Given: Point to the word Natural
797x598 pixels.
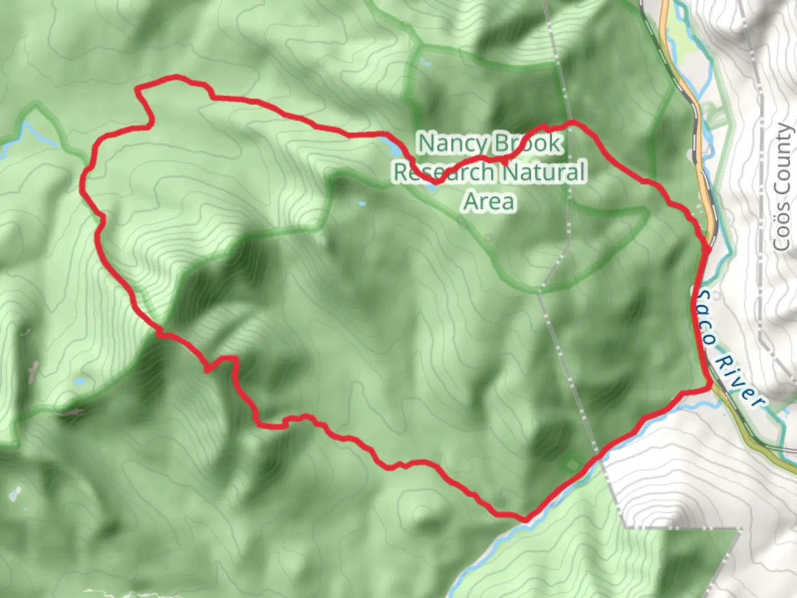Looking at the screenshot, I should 545,172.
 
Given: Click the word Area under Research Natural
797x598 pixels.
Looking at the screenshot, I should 489,202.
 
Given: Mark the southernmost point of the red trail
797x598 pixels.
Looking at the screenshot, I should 524,519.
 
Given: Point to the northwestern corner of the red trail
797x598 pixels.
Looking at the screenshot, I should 138,87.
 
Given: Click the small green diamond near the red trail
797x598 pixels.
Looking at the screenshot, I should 571,461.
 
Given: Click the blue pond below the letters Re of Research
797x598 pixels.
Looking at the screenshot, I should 431,188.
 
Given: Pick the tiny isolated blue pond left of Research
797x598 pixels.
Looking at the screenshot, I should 362,204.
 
